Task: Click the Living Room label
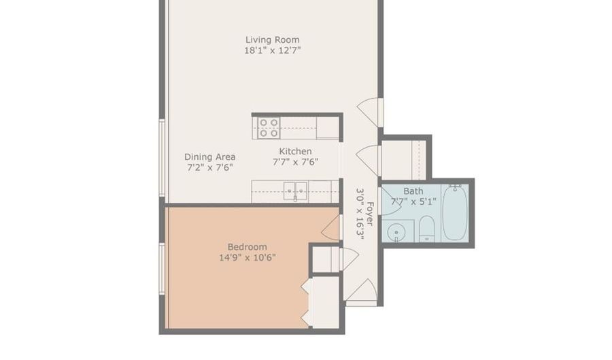click(272, 39)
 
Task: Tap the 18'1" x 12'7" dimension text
click(272, 50)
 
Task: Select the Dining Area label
click(209, 157)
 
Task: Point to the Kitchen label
click(296, 151)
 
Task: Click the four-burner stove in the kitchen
click(269, 128)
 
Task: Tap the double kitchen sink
click(295, 191)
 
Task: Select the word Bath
click(413, 191)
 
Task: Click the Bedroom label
click(247, 246)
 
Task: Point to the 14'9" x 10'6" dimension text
click(247, 257)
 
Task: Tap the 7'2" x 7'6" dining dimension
click(209, 167)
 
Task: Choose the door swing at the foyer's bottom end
click(362, 291)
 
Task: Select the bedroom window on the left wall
click(162, 269)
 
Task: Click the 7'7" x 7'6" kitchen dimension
click(296, 162)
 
